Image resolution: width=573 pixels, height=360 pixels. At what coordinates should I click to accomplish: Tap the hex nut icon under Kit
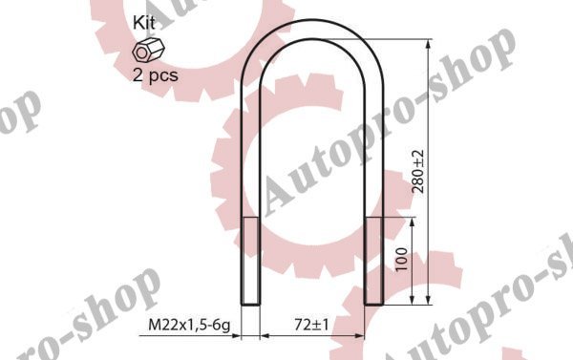coord(144,51)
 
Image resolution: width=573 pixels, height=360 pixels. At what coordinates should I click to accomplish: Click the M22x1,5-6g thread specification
coord(190,326)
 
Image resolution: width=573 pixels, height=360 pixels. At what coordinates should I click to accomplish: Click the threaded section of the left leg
coord(248,260)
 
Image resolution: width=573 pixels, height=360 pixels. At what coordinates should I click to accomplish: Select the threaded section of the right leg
coord(373,260)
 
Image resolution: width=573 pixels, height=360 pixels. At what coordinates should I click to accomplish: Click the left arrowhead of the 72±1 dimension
coord(264,336)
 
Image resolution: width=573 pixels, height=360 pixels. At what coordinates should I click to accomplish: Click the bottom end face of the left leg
coord(248,304)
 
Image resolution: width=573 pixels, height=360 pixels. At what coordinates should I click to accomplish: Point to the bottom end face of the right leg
coord(373,304)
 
